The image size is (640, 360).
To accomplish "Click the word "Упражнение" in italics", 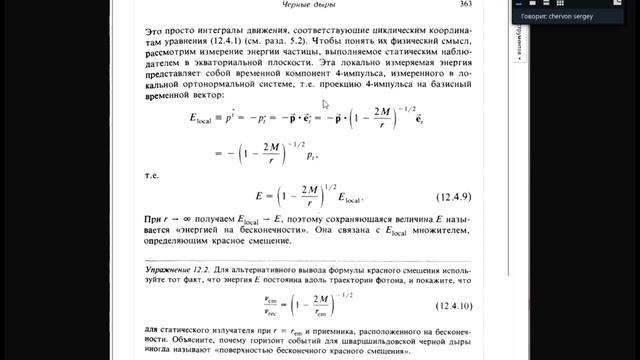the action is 162,270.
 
